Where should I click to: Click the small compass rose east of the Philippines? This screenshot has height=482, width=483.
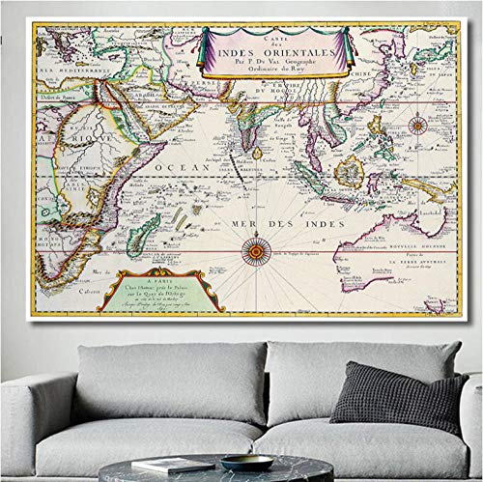pyautogui.click(x=417, y=125)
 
